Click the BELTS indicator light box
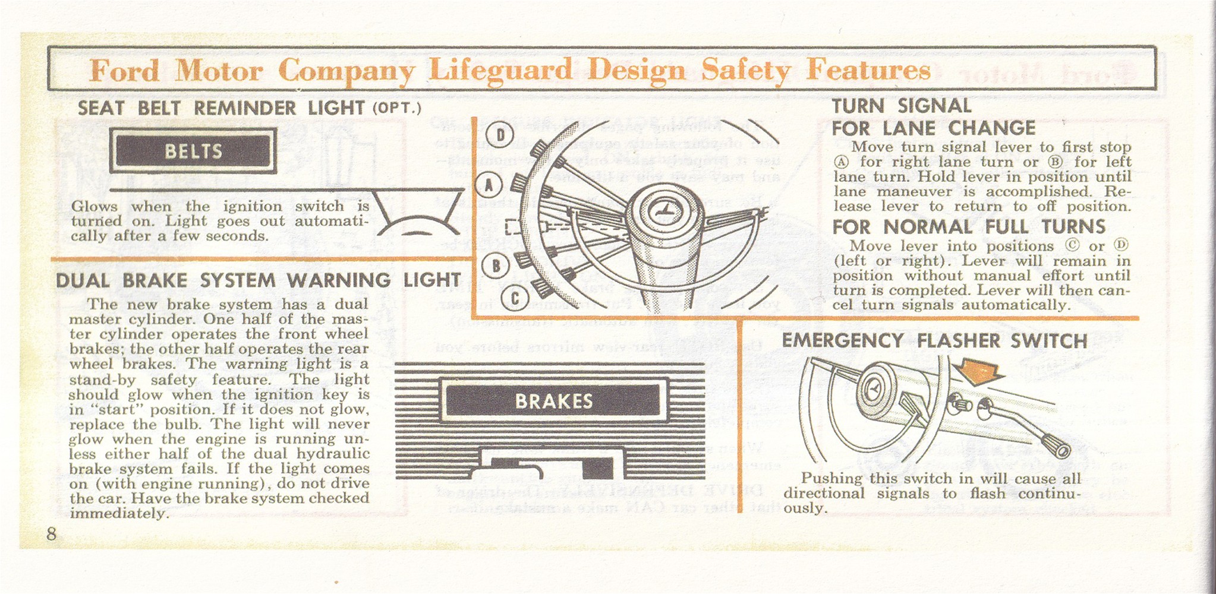pyautogui.click(x=193, y=151)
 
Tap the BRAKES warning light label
pyautogui.click(x=553, y=401)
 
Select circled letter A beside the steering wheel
pyautogui.click(x=489, y=185)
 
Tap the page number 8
pyautogui.click(x=52, y=533)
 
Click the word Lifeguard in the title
pyautogui.click(x=500, y=70)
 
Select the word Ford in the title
pyautogui.click(x=125, y=71)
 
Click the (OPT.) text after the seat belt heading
pyautogui.click(x=396, y=109)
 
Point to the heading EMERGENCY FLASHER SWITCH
pyautogui.click(x=934, y=341)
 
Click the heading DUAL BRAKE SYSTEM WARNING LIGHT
pyautogui.click(x=258, y=280)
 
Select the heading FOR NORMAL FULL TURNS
pyautogui.click(x=968, y=227)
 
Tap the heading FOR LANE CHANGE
pyautogui.click(x=933, y=128)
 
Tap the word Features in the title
pyautogui.click(x=868, y=70)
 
